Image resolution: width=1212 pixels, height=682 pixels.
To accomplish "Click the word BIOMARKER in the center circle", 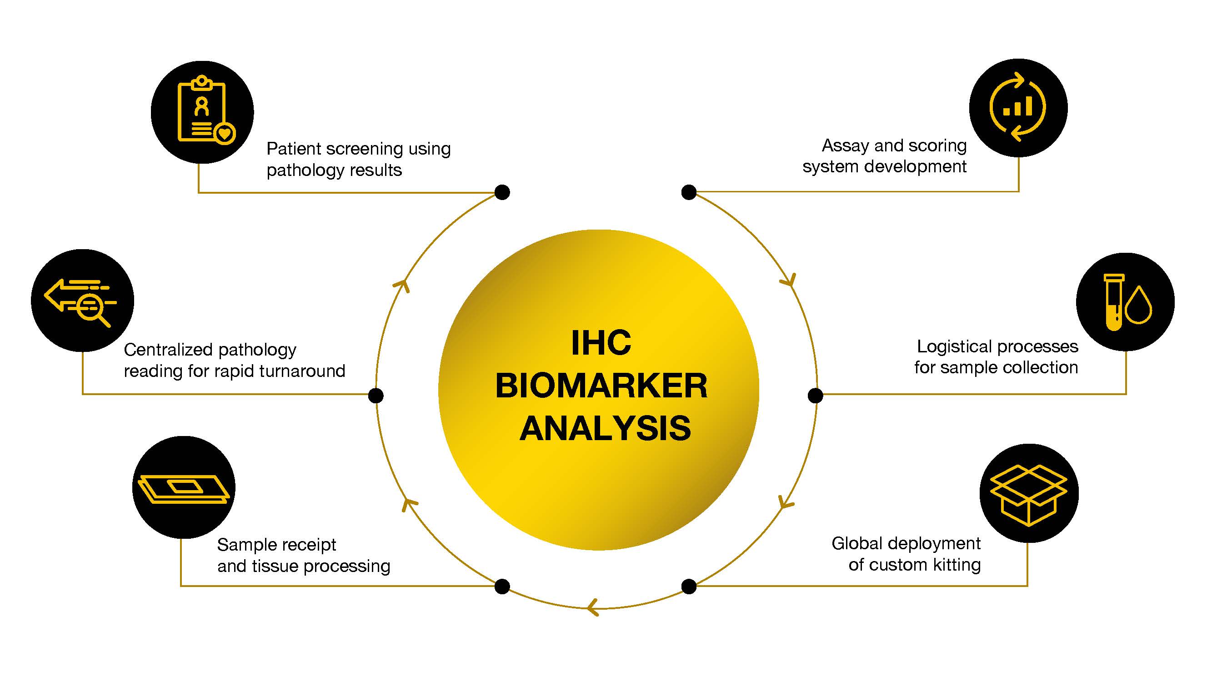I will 601,386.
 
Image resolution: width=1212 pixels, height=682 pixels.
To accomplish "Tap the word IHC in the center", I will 601,343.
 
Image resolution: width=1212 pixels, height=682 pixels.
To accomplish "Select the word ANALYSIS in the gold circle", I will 605,428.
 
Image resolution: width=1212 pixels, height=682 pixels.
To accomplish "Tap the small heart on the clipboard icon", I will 225,134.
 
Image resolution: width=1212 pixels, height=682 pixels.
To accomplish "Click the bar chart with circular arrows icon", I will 1018,107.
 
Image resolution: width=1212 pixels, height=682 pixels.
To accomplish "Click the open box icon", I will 1028,494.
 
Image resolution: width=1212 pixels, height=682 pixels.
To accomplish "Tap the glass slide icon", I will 184,489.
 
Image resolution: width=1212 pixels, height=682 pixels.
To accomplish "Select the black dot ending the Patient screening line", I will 502,192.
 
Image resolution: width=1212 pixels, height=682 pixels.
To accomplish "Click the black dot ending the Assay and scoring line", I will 689,192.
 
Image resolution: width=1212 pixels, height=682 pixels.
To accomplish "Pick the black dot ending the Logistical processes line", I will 816,396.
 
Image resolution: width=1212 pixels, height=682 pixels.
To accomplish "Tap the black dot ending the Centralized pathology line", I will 376,396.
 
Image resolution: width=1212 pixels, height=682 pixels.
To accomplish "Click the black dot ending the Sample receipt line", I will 502,587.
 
